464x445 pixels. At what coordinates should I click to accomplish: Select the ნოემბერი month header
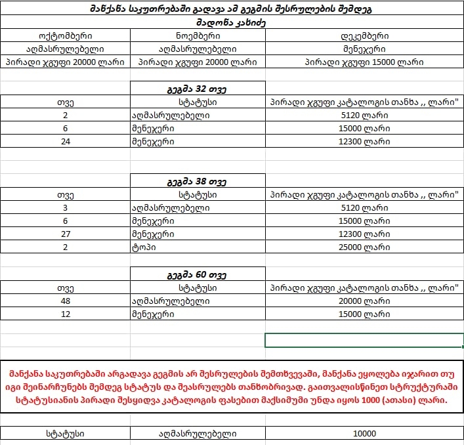198,36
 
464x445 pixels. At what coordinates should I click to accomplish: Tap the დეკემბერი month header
365,36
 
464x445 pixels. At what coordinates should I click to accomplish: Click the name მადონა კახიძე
232,23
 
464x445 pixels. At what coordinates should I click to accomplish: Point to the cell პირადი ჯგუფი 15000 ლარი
365,62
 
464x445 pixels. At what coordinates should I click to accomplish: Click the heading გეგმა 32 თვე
198,89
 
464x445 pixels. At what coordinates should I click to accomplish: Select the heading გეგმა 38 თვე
198,180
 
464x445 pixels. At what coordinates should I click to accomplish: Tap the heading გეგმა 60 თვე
198,274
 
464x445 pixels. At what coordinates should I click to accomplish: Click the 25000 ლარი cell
365,247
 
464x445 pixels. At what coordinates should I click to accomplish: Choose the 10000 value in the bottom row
364,434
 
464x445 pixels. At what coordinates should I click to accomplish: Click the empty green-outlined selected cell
364,340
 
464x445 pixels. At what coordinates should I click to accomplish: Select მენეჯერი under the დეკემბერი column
365,49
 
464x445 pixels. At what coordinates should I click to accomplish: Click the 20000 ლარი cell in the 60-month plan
365,301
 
